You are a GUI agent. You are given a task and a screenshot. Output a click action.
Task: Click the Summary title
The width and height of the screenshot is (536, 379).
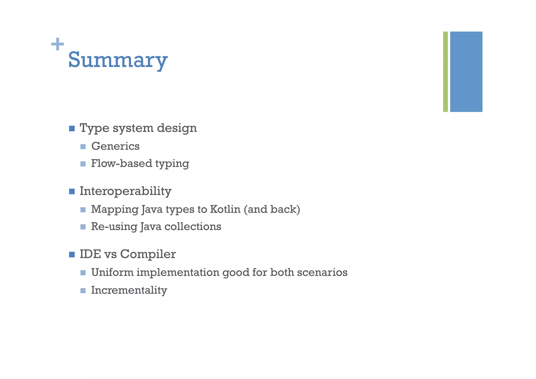[x=118, y=60]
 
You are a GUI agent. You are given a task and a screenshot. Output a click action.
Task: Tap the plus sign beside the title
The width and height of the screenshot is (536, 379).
[x=58, y=44]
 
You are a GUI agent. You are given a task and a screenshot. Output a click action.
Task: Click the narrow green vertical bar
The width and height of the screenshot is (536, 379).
[x=445, y=72]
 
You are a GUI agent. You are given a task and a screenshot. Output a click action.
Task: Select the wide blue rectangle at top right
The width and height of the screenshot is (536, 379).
[x=466, y=72]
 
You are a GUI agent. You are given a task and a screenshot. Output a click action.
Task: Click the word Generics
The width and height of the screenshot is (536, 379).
[x=115, y=146]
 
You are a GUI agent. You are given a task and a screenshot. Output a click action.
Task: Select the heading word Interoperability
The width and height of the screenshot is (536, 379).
[x=125, y=191]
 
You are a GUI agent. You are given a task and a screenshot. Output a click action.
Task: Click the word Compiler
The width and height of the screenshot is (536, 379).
[x=148, y=254]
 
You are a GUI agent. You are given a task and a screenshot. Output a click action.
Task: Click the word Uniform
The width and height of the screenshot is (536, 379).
[x=112, y=272]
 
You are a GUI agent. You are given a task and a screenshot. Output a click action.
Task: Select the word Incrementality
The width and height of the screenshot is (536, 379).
[x=129, y=290]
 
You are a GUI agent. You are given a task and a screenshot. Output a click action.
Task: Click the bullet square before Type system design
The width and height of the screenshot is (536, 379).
[x=72, y=129]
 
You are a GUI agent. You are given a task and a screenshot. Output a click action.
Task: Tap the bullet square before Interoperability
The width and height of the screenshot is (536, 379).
[x=72, y=191]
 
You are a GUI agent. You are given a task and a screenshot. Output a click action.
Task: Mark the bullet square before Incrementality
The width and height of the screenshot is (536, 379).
[x=83, y=290]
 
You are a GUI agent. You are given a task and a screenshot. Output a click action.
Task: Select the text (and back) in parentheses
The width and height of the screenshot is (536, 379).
[x=272, y=209]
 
